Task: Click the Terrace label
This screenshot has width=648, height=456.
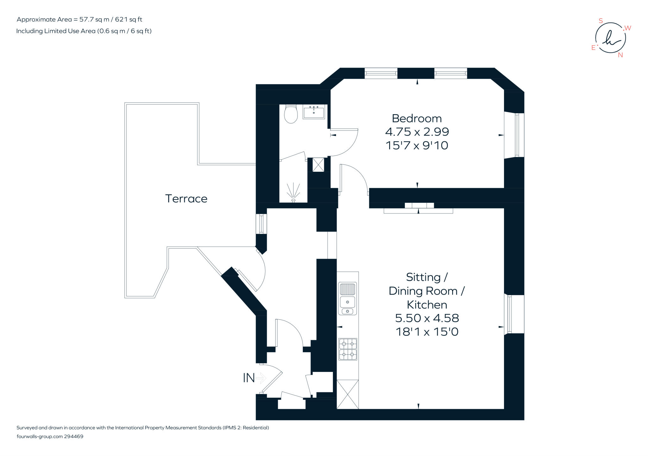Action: (x=186, y=199)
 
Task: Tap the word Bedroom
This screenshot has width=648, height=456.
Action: (x=417, y=118)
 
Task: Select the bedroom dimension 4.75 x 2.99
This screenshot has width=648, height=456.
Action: (x=417, y=132)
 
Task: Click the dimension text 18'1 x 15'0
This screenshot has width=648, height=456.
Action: (x=427, y=332)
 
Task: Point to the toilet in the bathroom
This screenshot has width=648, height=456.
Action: (x=291, y=114)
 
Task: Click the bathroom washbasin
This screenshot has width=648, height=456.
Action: (x=314, y=112)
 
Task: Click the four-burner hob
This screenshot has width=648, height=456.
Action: (x=348, y=349)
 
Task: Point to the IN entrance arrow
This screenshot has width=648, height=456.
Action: (x=261, y=378)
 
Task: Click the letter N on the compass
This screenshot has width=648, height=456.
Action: (x=620, y=55)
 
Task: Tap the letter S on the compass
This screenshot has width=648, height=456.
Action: (x=601, y=21)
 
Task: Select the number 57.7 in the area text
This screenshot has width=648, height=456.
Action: (x=86, y=19)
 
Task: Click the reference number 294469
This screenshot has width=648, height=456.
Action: (x=73, y=436)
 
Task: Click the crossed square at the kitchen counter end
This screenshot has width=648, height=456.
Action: (x=347, y=394)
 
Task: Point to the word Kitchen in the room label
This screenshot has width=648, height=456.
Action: (x=427, y=305)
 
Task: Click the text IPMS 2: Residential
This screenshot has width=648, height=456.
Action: (x=246, y=428)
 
